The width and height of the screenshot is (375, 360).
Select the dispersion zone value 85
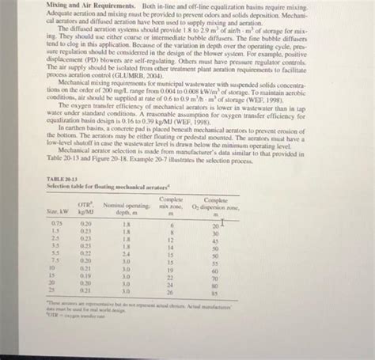pos(215,288)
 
